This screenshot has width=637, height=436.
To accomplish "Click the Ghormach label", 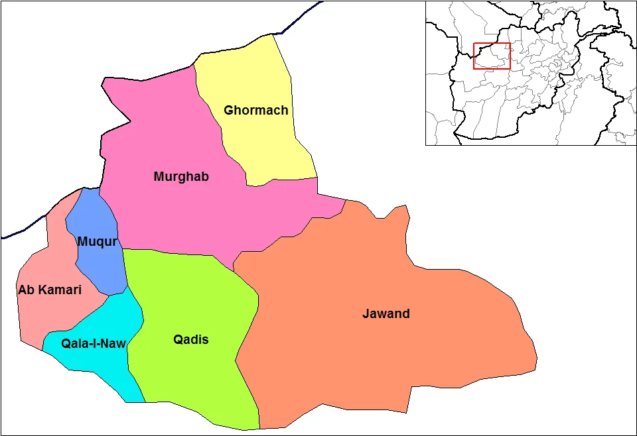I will [x=256, y=111].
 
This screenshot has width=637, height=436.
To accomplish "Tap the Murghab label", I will [x=181, y=177].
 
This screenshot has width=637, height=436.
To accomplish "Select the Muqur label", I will [x=98, y=242].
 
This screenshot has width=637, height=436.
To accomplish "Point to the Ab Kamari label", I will [x=50, y=290].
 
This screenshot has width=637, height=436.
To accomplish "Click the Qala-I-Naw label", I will [x=94, y=343].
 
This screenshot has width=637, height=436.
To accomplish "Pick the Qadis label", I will [x=190, y=340].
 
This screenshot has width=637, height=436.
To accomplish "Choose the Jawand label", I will [x=386, y=314].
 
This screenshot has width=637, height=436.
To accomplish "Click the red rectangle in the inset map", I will [x=492, y=56].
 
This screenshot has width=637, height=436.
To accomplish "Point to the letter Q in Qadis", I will [x=178, y=340].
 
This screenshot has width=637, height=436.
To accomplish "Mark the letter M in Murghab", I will [x=159, y=177].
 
